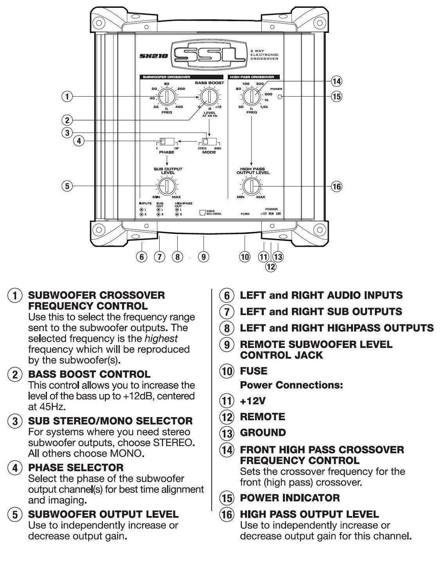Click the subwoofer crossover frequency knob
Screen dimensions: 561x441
pyautogui.click(x=167, y=96)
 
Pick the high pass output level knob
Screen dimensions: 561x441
pyautogui.click(x=251, y=186)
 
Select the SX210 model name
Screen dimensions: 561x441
pyautogui.click(x=154, y=56)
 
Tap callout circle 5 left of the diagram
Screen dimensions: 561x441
pyautogui.click(x=67, y=186)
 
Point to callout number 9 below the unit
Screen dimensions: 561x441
pyautogui.click(x=203, y=257)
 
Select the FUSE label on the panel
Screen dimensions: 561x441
pyautogui.click(x=245, y=214)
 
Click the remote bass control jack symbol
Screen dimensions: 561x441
pyautogui.click(x=202, y=212)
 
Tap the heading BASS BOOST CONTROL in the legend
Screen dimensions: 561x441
pyautogui.click(x=89, y=374)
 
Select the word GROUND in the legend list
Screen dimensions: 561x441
pyautogui.click(x=263, y=432)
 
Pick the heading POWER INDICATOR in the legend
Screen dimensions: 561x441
pyautogui.click(x=290, y=498)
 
